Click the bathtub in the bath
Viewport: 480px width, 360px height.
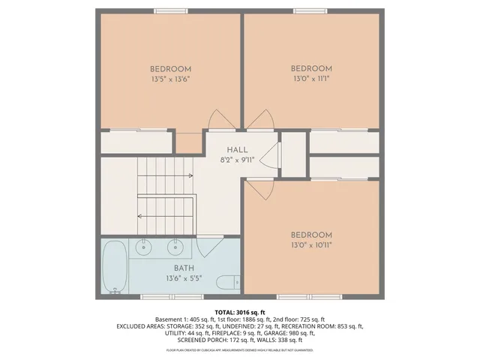point(115,266)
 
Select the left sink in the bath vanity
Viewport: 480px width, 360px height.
point(142,246)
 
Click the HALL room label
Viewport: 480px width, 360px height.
point(237,150)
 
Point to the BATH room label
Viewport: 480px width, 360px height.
point(184,268)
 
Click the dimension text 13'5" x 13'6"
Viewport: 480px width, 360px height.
point(170,78)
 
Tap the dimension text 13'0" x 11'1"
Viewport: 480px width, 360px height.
point(310,78)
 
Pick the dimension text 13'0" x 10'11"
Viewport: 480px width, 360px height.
point(310,244)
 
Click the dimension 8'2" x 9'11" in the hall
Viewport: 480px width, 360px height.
point(237,160)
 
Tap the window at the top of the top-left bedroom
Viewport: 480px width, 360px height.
point(170,11)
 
